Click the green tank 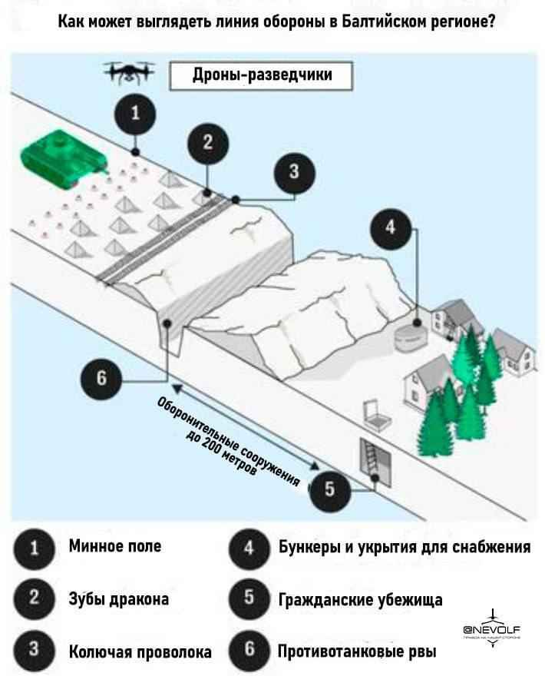click(x=64, y=158)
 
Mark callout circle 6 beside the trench click(x=102, y=379)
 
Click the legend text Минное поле click(x=115, y=547)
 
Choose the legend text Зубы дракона click(x=119, y=599)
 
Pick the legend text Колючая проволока click(x=140, y=651)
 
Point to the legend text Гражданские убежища click(x=360, y=599)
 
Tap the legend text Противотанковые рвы click(x=356, y=651)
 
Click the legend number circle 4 click(x=249, y=548)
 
